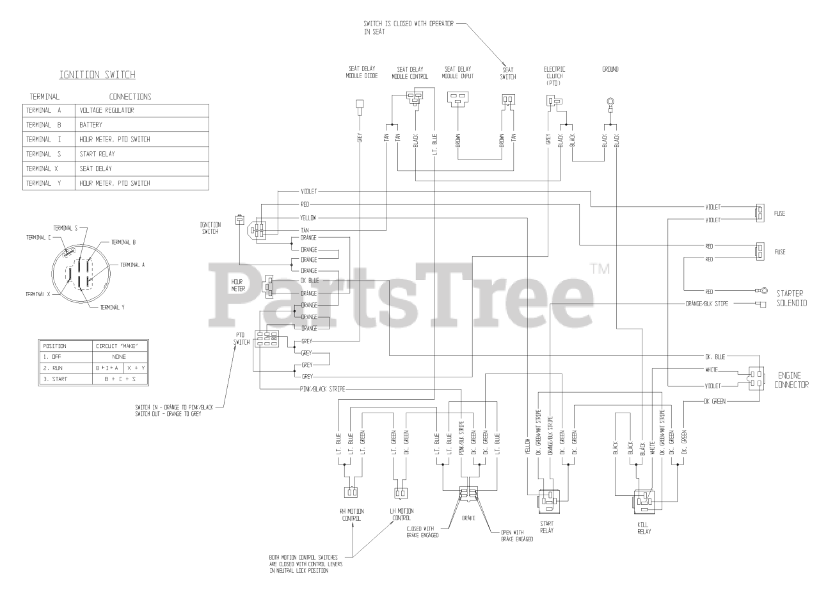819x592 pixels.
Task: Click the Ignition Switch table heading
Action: (97, 75)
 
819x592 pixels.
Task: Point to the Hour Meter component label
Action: (238, 285)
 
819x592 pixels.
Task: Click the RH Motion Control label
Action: (351, 514)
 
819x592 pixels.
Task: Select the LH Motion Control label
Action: (401, 514)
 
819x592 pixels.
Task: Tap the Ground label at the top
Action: (610, 69)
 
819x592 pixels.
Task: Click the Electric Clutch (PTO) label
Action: (554, 76)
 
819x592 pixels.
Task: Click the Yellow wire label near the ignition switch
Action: (308, 218)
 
